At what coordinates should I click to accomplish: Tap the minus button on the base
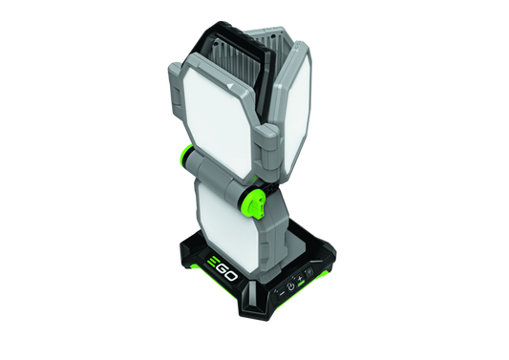coord(282,293)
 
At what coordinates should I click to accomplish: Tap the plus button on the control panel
coord(300,278)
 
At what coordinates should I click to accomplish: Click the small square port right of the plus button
coord(308,273)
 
